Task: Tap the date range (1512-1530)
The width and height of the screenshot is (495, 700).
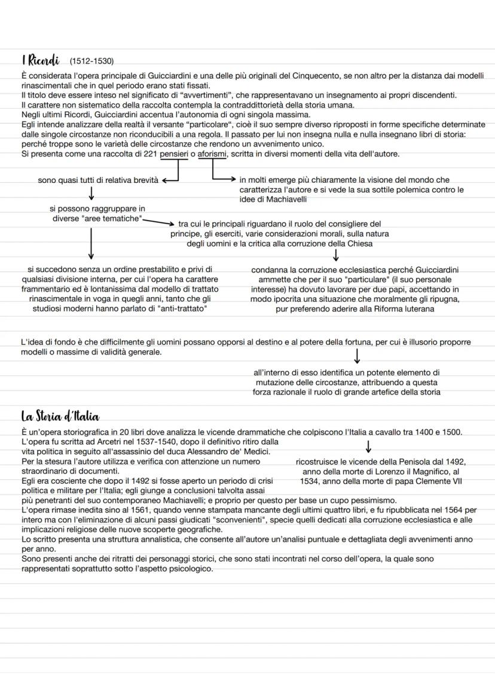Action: (91, 62)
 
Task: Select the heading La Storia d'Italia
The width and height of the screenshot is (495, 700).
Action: (60, 416)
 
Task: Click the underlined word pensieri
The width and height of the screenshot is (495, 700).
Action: (174, 154)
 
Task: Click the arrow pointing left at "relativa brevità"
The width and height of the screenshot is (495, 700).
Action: (170, 179)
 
